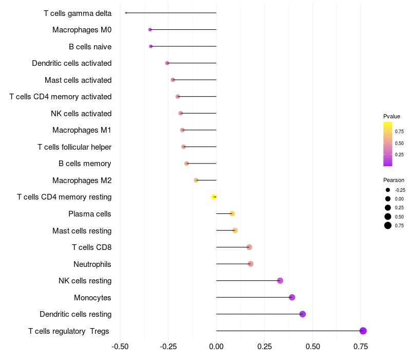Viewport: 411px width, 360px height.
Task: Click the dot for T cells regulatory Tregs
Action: pyautogui.click(x=363, y=331)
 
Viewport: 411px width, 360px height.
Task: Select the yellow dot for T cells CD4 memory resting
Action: pyautogui.click(x=214, y=197)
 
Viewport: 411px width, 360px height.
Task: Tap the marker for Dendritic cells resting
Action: pyautogui.click(x=303, y=314)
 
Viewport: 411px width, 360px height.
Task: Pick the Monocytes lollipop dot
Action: pyautogui.click(x=292, y=297)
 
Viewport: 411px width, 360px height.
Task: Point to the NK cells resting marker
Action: pyautogui.click(x=280, y=281)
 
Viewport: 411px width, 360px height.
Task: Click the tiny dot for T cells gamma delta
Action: pyautogui.click(x=126, y=13)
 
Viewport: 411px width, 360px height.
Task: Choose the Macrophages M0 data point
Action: pyautogui.click(x=150, y=30)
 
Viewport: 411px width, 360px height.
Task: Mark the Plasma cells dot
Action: pyautogui.click(x=232, y=213)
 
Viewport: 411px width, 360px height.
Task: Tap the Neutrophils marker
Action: pyautogui.click(x=251, y=264)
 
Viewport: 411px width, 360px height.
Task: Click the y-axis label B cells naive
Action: pyautogui.click(x=90, y=47)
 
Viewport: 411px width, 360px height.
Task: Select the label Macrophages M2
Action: pyautogui.click(x=82, y=181)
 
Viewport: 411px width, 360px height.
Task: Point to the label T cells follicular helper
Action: pyautogui.click(x=74, y=147)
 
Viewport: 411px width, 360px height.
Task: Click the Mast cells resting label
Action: pyautogui.click(x=82, y=230)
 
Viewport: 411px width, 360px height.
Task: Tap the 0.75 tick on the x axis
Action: pyautogui.click(x=361, y=347)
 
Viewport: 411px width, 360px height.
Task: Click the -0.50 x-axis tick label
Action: pyautogui.click(x=120, y=347)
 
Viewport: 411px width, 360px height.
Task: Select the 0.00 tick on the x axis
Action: pyautogui.click(x=216, y=347)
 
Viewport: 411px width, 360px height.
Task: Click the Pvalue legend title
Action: pyautogui.click(x=391, y=116)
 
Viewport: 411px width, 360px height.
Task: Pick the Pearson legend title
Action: pyautogui.click(x=394, y=180)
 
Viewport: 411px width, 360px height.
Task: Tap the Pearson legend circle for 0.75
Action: pyautogui.click(x=388, y=225)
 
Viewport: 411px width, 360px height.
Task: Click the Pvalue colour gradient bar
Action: pyautogui.click(x=388, y=144)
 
